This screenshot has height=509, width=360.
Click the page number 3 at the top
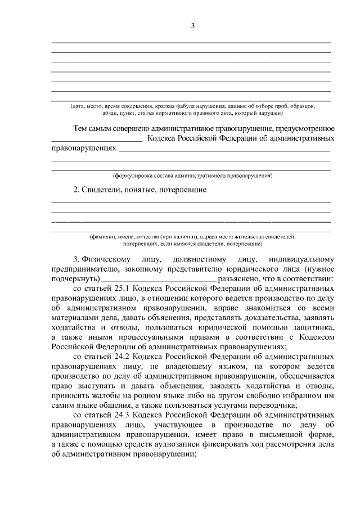(192, 25)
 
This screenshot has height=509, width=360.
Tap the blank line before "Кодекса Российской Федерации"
(96, 139)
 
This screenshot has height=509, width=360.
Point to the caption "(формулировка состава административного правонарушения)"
(192, 175)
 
